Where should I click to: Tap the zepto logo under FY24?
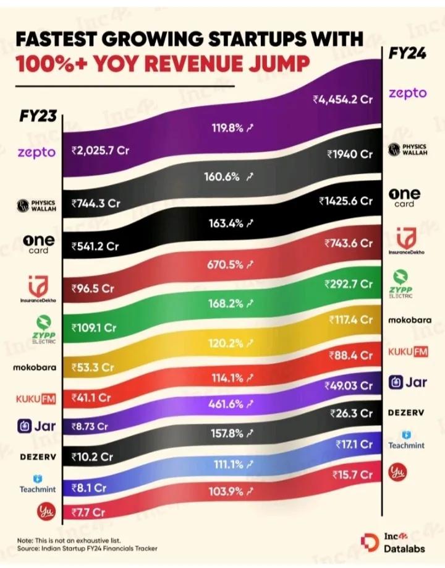tap(407, 93)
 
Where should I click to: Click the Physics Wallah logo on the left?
tap(35, 205)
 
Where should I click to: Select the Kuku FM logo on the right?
tap(407, 351)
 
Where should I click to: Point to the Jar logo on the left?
tap(35, 426)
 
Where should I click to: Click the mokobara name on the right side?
tap(407, 320)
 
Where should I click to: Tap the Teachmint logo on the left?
tap(35, 484)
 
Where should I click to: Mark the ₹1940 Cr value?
tap(350, 154)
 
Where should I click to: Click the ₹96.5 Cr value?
tap(93, 288)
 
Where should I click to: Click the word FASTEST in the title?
tap(57, 40)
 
